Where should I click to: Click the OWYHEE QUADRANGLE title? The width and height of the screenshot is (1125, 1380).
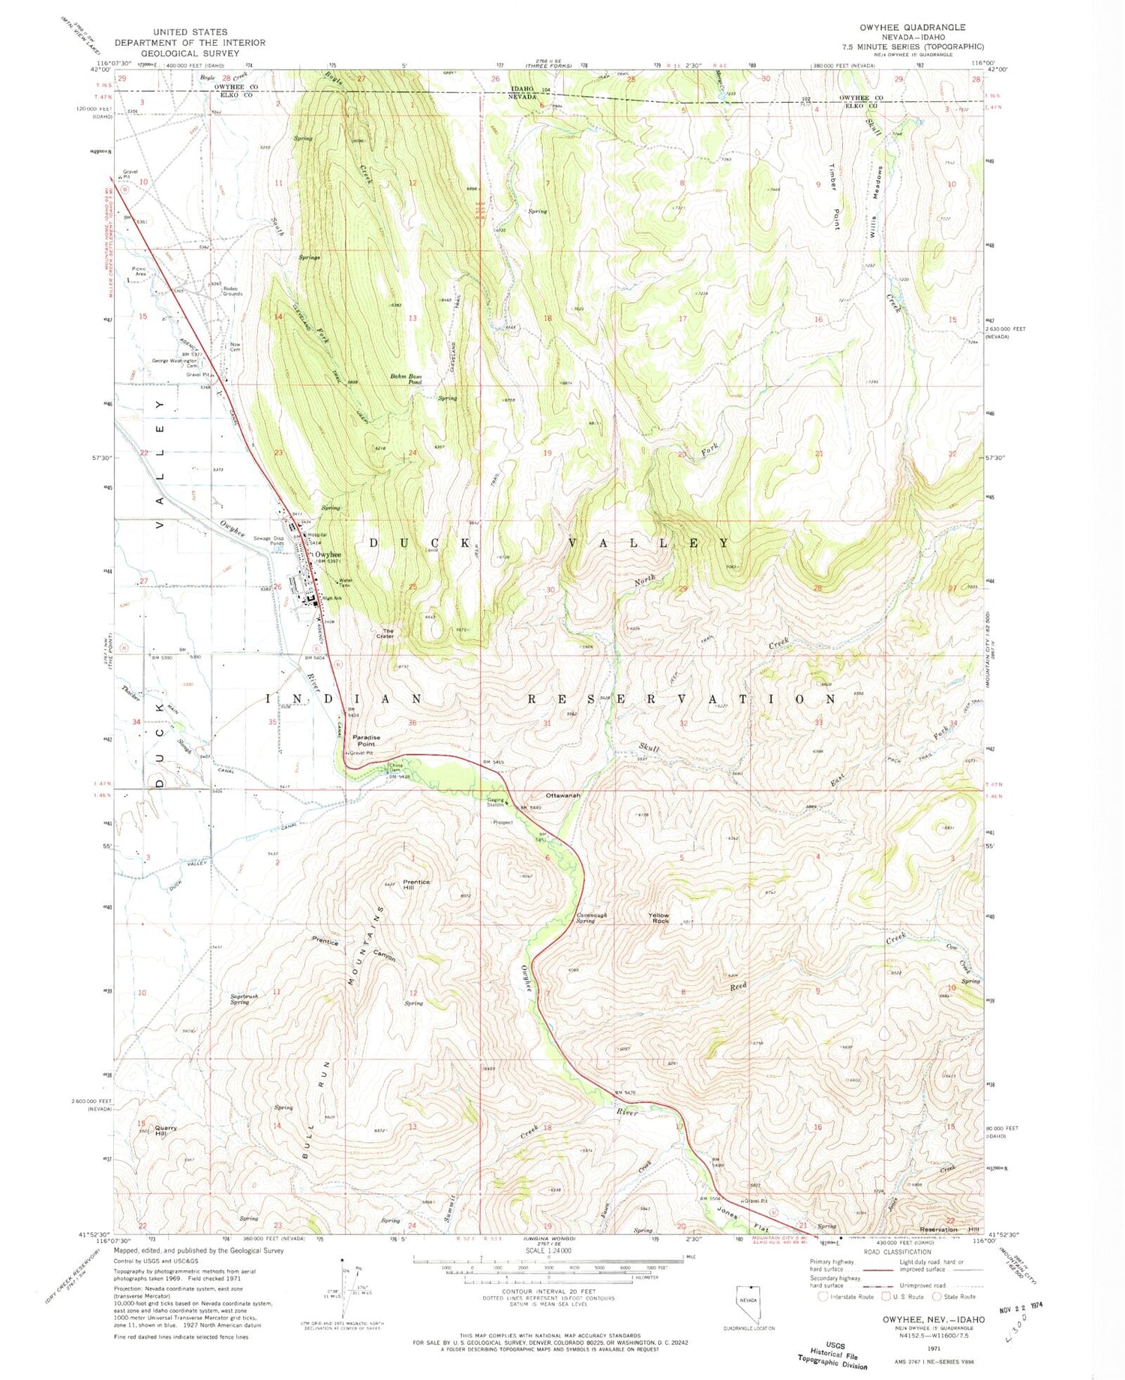pos(912,27)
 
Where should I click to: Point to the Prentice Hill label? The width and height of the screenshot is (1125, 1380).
pos(416,885)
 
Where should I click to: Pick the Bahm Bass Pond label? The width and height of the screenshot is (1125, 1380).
pos(406,379)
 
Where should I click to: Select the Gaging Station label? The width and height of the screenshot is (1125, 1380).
pos(495,802)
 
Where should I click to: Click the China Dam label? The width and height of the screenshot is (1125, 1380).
pos(395,768)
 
